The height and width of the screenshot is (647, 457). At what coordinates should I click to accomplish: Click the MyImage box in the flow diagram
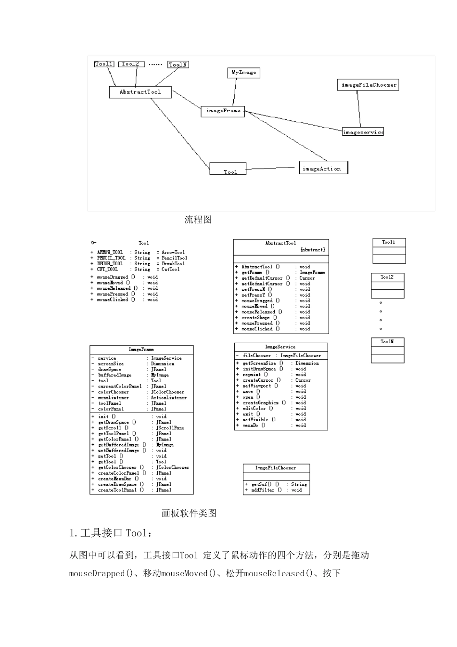[x=243, y=73]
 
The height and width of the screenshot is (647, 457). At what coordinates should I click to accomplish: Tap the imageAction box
[x=323, y=168]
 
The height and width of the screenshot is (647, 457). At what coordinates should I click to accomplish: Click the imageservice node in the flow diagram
[x=363, y=132]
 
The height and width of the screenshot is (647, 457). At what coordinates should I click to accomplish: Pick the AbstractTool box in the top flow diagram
[x=140, y=92]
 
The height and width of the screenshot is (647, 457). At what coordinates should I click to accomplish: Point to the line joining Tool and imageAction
[x=271, y=168]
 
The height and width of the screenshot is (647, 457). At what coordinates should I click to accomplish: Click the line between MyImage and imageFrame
[x=235, y=92]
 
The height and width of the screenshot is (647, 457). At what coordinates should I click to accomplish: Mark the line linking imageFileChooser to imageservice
[x=359, y=109]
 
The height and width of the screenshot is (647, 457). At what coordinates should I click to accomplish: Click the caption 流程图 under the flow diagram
[x=198, y=220]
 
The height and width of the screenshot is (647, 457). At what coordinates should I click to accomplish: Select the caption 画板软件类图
[x=189, y=514]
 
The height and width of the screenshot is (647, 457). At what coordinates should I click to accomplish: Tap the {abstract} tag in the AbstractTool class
[x=312, y=250]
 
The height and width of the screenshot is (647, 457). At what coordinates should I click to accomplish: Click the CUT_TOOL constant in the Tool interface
[x=107, y=270]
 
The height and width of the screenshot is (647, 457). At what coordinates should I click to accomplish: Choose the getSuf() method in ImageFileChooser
[x=262, y=484]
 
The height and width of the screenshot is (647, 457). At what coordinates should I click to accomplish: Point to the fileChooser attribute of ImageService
[x=256, y=356]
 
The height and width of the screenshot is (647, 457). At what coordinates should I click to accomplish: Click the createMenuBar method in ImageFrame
[x=118, y=479]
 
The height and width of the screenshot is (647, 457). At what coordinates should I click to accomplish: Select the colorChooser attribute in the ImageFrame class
[x=114, y=392]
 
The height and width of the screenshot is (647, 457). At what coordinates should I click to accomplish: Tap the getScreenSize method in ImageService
[x=259, y=363]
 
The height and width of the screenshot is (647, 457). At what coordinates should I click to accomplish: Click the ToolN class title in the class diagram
[x=387, y=342]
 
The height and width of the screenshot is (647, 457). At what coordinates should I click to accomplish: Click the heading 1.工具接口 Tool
[x=111, y=533]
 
